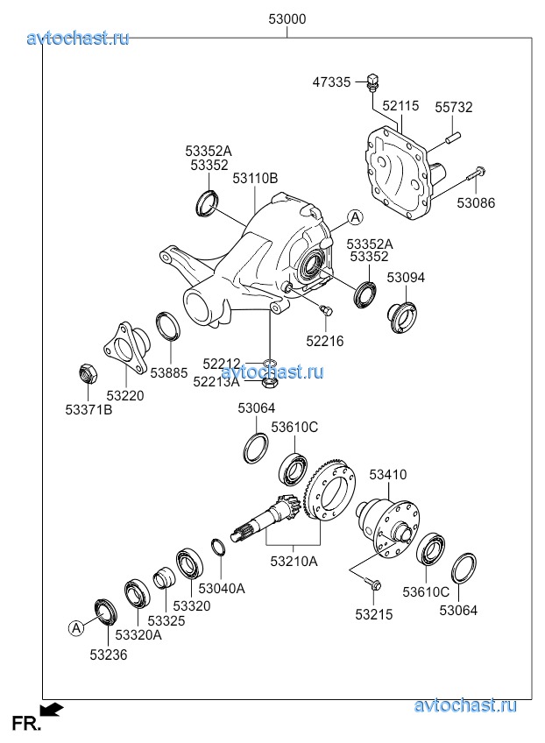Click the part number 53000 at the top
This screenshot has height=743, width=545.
pos(287,19)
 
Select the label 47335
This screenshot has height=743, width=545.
pos(331,82)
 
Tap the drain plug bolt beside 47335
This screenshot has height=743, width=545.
pos(374,81)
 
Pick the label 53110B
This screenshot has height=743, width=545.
pos(255,178)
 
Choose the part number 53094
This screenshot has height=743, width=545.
pos(406,277)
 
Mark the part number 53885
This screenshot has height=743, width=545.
pos(168,372)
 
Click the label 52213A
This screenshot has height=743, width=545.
pos(215,381)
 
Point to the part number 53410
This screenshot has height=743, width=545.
pos(387,475)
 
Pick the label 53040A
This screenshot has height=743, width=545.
pos(222,588)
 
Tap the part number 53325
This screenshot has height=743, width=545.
pos(166,620)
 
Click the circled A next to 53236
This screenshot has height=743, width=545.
pos(76,626)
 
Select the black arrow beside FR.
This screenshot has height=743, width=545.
pos(53,709)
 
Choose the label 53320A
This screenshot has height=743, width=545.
pos(138,634)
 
